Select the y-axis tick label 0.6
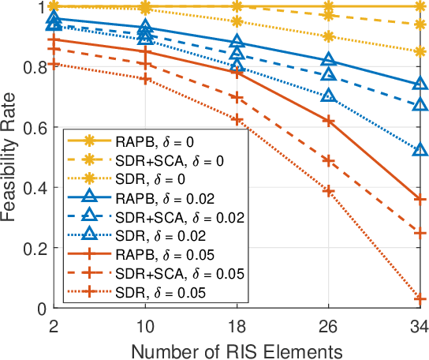point(35,127)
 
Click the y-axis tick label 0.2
point(35,248)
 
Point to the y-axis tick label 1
point(43,7)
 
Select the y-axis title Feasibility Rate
point(11,158)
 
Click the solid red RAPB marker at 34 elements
point(420,199)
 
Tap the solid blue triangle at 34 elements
point(420,84)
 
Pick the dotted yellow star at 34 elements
point(420,52)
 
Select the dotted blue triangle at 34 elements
point(420,150)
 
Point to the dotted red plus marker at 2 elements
point(54,64)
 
